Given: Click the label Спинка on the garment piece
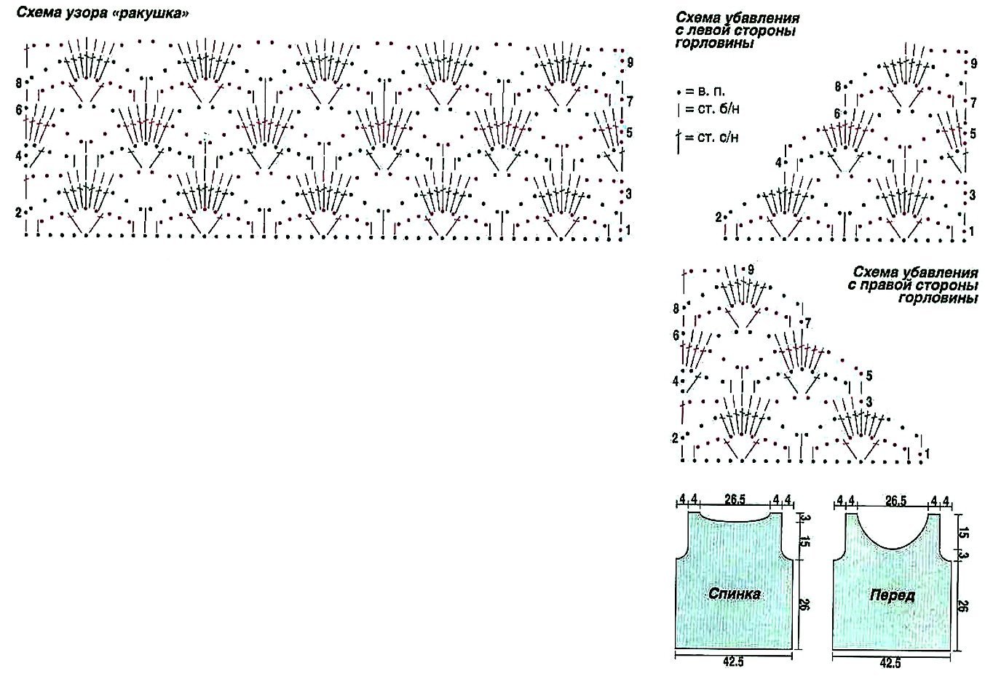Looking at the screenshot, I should pyautogui.click(x=735, y=594).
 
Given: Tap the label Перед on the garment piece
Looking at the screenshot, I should pyautogui.click(x=892, y=596).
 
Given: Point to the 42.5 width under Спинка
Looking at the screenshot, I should pyautogui.click(x=734, y=663).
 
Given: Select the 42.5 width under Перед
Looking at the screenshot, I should pyautogui.click(x=891, y=663).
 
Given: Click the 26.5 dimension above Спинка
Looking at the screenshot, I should pyautogui.click(x=735, y=500).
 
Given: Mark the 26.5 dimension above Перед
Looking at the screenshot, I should pyautogui.click(x=895, y=500).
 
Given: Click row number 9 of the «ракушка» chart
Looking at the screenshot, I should pyautogui.click(x=630, y=63).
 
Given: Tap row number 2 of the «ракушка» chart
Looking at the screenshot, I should pyautogui.click(x=19, y=212).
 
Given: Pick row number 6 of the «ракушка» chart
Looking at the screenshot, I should pyautogui.click(x=19, y=110).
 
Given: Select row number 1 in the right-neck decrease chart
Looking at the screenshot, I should pyautogui.click(x=928, y=454).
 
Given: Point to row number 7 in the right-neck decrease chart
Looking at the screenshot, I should pyautogui.click(x=807, y=323).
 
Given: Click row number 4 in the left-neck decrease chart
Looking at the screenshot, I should pyautogui.click(x=778, y=162).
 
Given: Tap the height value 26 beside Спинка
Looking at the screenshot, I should pyautogui.click(x=804, y=604).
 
